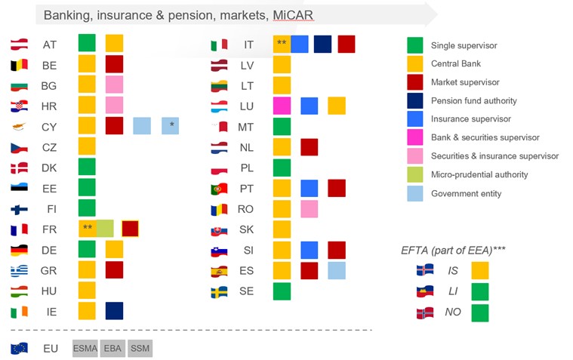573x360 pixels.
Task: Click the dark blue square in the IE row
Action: [x=114, y=311]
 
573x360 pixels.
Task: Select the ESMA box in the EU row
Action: [x=85, y=349]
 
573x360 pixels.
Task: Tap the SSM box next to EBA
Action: [x=140, y=349]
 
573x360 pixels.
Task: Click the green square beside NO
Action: [x=479, y=312]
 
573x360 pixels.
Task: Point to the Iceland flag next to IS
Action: [x=424, y=270]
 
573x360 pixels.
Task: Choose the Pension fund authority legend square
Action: [x=414, y=100]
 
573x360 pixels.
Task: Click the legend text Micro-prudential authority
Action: [x=479, y=174]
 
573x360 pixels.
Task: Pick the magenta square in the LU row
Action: [x=282, y=106]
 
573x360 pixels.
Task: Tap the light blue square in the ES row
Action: [x=337, y=270]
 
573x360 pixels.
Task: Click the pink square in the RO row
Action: [x=309, y=208]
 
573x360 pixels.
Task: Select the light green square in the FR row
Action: [x=105, y=229]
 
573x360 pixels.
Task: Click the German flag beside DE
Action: [x=20, y=250]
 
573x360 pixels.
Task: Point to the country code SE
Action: [x=247, y=291]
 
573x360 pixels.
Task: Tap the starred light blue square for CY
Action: [x=170, y=126]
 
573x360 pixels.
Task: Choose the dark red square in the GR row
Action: [x=114, y=270]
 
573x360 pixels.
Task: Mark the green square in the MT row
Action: [x=282, y=126]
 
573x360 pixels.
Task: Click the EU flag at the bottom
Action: [x=20, y=349]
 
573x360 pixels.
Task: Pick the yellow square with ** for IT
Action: [x=282, y=44]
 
